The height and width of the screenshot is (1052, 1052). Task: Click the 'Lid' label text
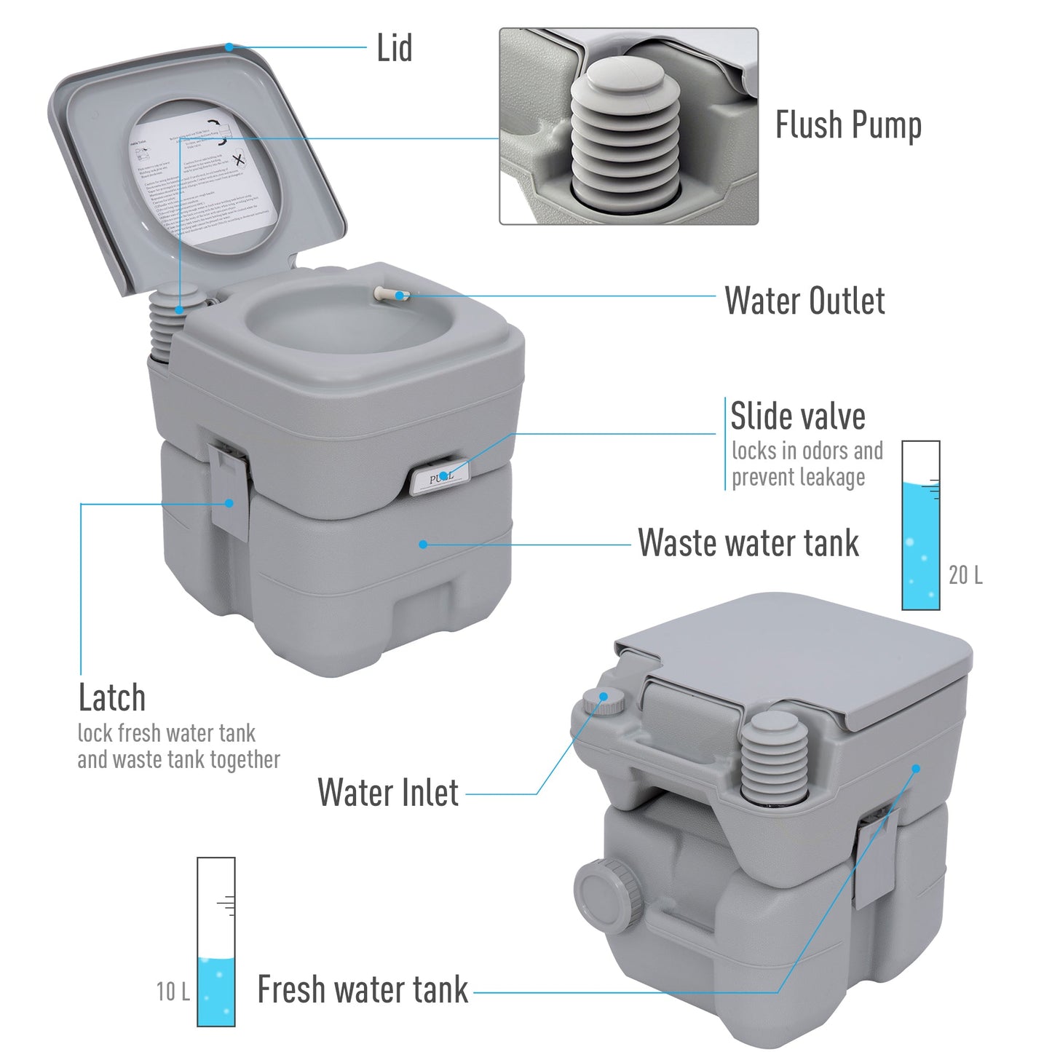tap(394, 48)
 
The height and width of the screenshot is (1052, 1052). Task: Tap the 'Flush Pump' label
tap(847, 125)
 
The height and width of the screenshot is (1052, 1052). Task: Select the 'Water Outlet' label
tap(804, 301)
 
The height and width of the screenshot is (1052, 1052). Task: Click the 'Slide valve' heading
tap(798, 417)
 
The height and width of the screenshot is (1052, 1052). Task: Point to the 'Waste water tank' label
tap(748, 543)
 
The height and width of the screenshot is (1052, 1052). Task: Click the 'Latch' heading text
tap(112, 698)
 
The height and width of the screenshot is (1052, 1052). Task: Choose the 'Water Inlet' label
tap(388, 793)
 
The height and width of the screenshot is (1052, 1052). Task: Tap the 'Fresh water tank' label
tap(363, 990)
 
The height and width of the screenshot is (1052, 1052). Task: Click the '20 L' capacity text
tap(965, 575)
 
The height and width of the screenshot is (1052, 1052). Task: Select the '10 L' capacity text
tap(173, 991)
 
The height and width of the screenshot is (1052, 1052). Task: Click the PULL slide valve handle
tap(439, 478)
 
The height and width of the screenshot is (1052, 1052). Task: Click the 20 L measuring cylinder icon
tap(920, 525)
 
